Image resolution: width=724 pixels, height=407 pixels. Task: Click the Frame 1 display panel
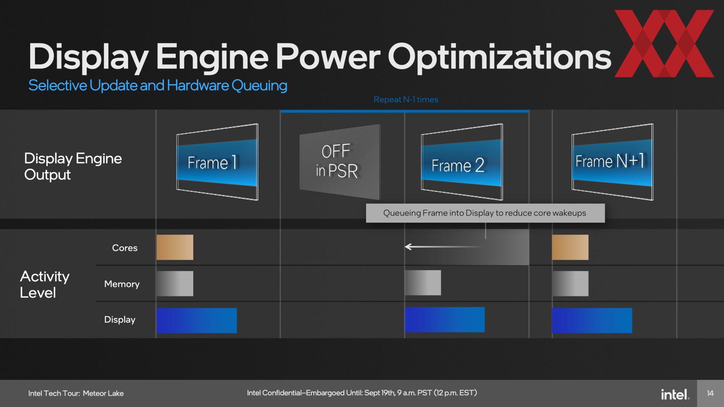(217, 162)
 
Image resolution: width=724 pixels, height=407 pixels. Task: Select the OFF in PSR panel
(340, 162)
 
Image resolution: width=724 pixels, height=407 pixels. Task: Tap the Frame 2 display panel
(462, 162)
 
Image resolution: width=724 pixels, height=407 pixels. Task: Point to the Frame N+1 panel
(612, 162)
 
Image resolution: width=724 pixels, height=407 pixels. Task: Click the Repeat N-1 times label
(406, 99)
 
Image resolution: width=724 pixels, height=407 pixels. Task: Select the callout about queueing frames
(485, 213)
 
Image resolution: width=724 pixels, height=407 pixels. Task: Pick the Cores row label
(125, 248)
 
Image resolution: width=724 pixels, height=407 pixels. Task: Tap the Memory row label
(122, 284)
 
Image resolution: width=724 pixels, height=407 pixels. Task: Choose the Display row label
(120, 320)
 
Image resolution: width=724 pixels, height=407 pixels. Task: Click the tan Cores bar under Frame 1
(175, 247)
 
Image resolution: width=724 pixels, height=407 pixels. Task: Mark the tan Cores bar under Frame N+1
(570, 247)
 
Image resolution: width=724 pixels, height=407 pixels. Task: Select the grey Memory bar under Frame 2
(423, 283)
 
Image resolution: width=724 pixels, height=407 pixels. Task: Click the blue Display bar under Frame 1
(197, 320)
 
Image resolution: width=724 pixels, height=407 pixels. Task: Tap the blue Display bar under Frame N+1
(592, 320)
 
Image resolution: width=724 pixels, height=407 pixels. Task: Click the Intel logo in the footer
(675, 394)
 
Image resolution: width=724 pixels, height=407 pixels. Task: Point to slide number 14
(710, 393)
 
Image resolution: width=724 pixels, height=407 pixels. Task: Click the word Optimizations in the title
(500, 57)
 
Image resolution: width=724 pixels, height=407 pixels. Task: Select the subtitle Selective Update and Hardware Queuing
(158, 86)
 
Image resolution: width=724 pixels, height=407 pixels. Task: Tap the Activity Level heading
(44, 285)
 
